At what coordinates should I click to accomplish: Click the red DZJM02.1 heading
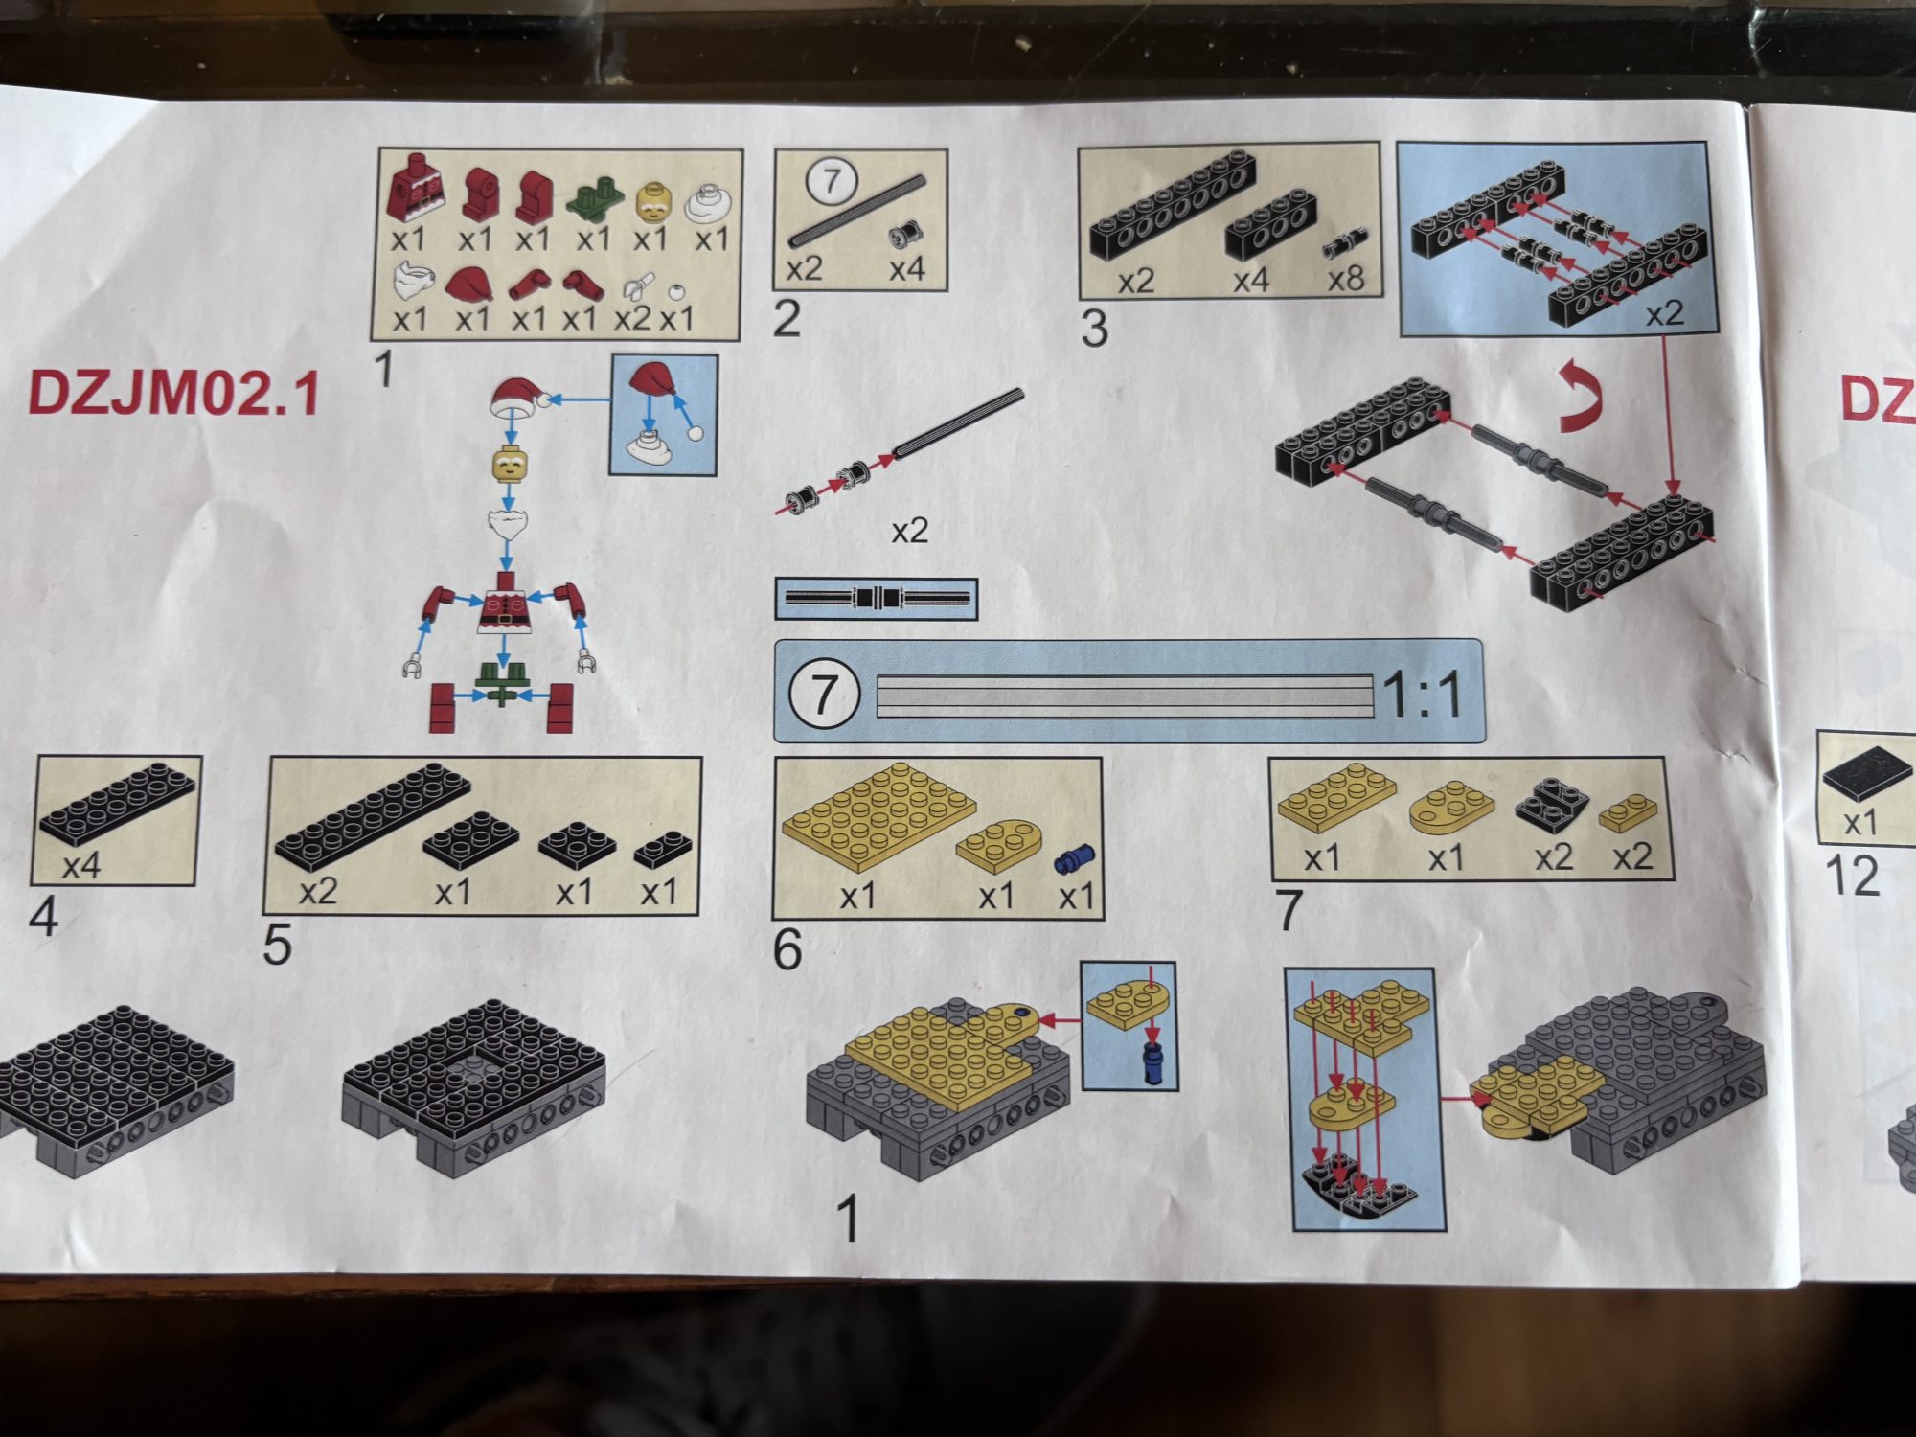pos(173,394)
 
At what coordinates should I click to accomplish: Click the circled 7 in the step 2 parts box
pos(831,181)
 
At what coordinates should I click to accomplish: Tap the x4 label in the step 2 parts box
pos(906,269)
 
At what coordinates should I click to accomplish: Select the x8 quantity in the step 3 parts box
pos(1345,279)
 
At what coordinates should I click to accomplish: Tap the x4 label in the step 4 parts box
pos(81,867)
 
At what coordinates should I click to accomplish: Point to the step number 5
pos(278,946)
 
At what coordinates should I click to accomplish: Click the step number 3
pos(1094,329)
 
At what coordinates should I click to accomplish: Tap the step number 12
pos(1852,876)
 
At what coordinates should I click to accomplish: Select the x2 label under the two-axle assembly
pos(909,531)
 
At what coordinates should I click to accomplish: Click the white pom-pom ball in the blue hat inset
pos(696,433)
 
